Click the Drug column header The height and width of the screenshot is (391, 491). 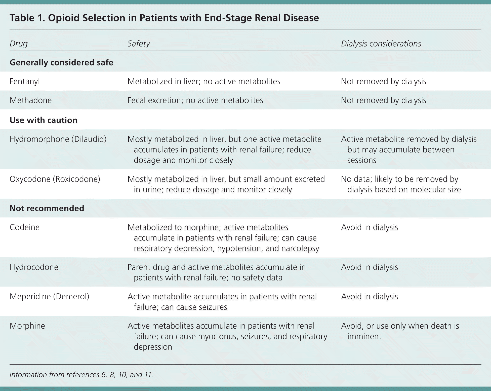(19, 44)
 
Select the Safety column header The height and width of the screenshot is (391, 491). (139, 44)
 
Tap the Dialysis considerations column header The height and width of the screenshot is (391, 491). (381, 44)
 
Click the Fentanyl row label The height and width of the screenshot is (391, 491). (25, 81)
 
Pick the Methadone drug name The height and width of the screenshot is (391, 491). (31, 100)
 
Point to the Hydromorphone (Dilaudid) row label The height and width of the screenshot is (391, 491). (58, 139)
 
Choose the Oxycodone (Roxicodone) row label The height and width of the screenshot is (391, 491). (55, 179)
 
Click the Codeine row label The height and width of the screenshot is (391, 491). (25, 227)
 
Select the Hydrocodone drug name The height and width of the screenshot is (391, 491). (34, 267)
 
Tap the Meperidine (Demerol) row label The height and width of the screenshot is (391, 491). (50, 296)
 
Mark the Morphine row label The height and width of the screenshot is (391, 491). (27, 326)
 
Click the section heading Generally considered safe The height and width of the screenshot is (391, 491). (61, 62)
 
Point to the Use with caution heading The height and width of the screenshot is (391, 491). (44, 120)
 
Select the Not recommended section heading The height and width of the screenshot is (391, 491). (47, 208)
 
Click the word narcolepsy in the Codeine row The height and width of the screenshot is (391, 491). (300, 248)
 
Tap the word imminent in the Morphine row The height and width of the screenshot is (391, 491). (364, 336)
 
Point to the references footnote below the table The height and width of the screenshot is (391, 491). (81, 375)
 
